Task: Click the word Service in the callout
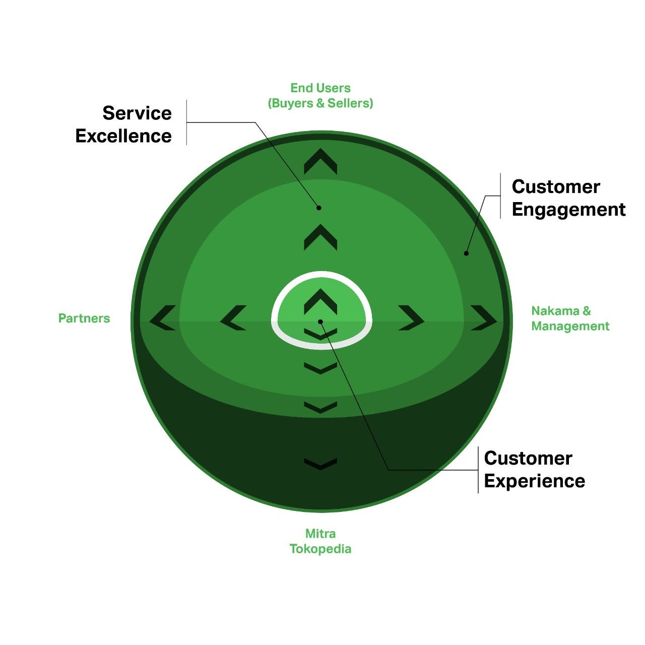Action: click(137, 113)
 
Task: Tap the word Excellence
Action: click(123, 136)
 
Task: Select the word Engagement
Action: click(568, 210)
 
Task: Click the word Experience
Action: click(534, 481)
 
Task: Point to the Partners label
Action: click(84, 318)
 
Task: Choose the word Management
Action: click(570, 326)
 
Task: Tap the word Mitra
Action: click(320, 533)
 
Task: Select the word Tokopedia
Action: click(320, 549)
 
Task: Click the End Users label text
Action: click(320, 88)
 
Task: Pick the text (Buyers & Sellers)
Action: click(320, 103)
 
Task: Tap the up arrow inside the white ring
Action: click(320, 301)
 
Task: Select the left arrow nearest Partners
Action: click(162, 318)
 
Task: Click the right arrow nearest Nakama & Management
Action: click(483, 318)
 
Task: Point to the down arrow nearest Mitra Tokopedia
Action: click(320, 464)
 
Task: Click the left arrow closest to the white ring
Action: click(233, 318)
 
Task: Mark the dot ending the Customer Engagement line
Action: click(466, 253)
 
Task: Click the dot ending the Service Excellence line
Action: click(318, 208)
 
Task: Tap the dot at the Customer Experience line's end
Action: click(320, 321)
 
